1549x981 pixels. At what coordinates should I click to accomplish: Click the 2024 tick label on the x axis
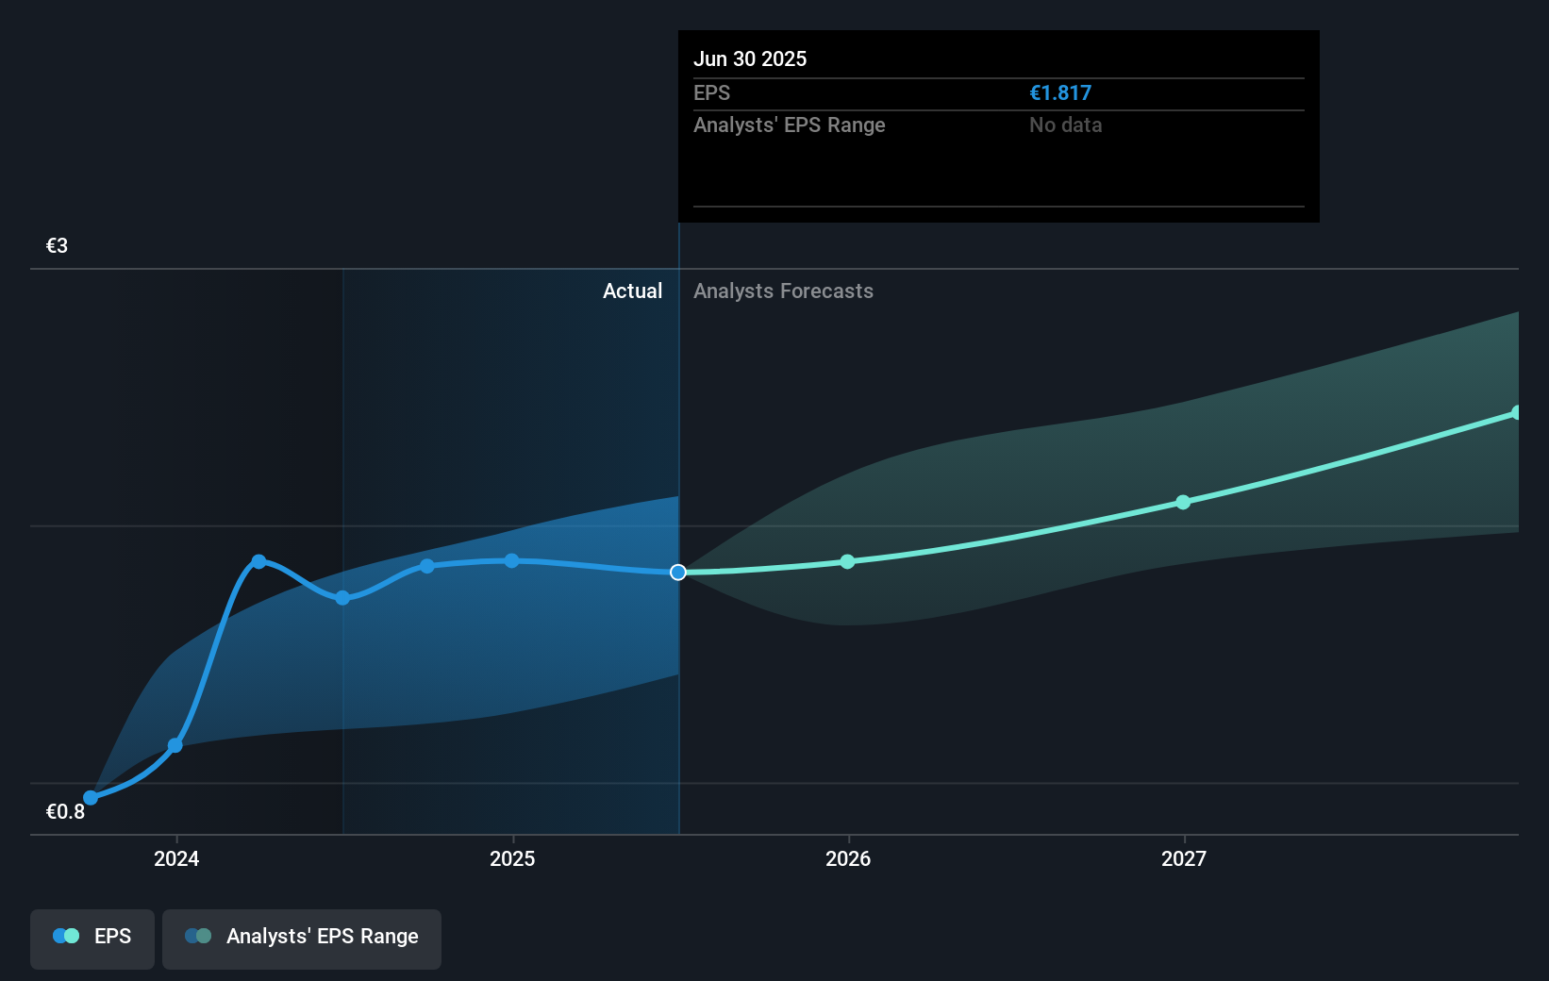click(176, 858)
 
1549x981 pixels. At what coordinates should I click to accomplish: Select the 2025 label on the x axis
click(512, 858)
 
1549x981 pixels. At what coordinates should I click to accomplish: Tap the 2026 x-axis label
click(848, 858)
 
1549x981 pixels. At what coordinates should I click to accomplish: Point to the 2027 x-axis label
click(1184, 858)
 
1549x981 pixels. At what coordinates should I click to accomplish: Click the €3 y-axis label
click(57, 246)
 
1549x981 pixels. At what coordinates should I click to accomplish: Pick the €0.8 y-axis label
click(65, 811)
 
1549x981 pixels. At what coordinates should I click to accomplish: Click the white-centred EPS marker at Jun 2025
click(678, 573)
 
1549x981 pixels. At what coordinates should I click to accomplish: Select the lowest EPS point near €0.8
click(91, 798)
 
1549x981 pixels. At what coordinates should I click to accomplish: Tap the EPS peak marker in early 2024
click(258, 561)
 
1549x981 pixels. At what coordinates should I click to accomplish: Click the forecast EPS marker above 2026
click(847, 562)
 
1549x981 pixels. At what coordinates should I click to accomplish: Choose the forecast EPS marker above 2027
click(1183, 503)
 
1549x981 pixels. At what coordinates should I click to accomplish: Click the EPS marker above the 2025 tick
click(511, 560)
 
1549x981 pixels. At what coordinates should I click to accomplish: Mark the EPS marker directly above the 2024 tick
click(175, 746)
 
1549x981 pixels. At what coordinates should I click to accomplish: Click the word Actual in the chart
click(632, 291)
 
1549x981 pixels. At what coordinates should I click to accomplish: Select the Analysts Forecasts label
click(783, 291)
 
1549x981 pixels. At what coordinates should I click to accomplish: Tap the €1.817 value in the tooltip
click(1059, 93)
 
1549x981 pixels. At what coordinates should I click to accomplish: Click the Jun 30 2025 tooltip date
click(750, 58)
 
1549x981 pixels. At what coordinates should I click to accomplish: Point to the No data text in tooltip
click(1065, 125)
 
